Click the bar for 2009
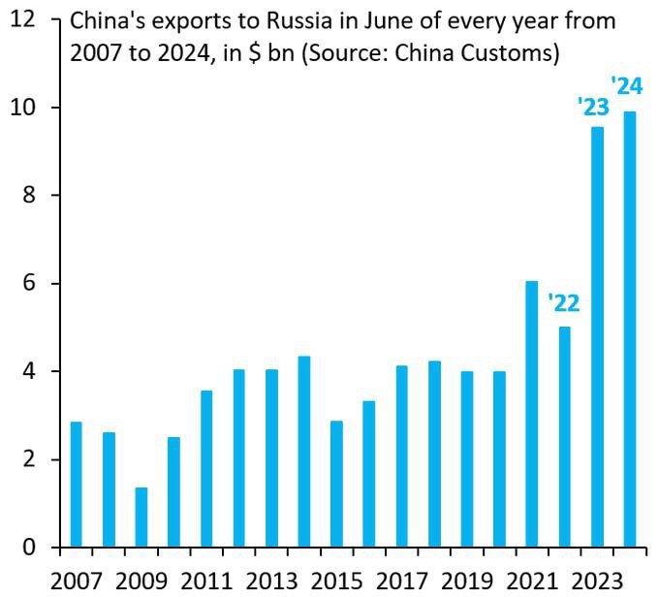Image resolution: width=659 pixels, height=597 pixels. [141, 518]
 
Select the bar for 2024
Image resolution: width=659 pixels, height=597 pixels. [630, 330]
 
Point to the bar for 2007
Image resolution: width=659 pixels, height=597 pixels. [76, 485]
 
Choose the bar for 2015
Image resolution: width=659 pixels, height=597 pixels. [336, 484]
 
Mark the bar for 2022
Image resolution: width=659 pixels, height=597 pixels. [565, 437]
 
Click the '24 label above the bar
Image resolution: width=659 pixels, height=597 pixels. [627, 86]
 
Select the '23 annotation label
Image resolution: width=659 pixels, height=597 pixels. [592, 106]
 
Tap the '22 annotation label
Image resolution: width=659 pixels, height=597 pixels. [563, 303]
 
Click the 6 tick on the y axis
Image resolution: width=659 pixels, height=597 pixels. [32, 284]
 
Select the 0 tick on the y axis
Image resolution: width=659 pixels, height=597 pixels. [32, 548]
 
